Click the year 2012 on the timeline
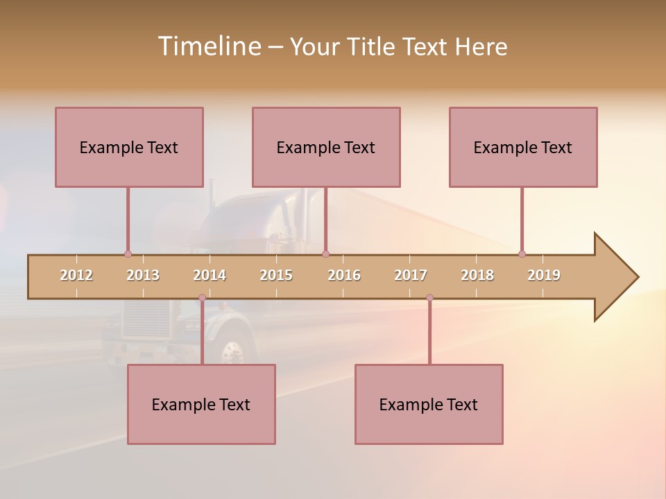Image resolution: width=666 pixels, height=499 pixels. tap(76, 275)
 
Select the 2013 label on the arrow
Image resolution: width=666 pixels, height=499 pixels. tap(143, 275)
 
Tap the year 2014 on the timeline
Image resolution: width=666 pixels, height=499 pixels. tap(210, 275)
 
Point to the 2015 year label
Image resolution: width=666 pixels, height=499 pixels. tap(276, 275)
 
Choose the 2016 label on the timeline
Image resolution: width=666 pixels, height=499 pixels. tap(344, 275)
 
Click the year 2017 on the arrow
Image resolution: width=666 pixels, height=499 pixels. tap(411, 275)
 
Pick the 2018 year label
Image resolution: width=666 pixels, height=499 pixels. tap(477, 275)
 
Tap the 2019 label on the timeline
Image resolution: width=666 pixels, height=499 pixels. tap(544, 275)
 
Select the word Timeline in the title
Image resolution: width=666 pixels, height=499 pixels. tap(209, 46)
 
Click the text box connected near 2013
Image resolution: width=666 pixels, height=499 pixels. tap(129, 147)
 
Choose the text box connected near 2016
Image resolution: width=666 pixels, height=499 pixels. tap(326, 147)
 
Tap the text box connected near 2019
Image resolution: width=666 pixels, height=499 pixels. tap(523, 147)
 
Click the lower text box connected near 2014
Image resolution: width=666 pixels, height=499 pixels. tap(201, 404)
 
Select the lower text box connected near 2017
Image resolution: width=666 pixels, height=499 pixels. tap(429, 404)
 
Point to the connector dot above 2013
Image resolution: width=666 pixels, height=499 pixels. tap(128, 254)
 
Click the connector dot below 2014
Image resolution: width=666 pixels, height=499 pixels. tap(202, 298)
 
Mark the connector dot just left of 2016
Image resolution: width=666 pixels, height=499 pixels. tap(325, 254)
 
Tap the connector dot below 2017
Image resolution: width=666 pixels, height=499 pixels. tap(429, 298)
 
